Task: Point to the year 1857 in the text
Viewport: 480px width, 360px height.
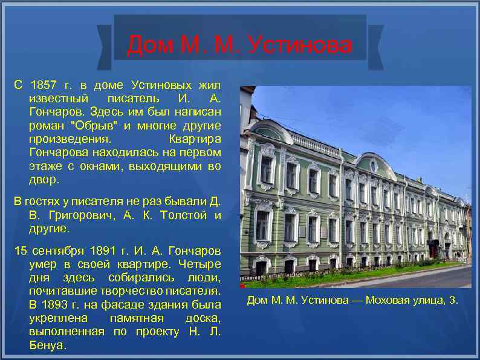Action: [x=44, y=85]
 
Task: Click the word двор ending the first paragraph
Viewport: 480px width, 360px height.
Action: [x=44, y=180]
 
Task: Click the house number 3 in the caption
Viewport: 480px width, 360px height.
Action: [x=453, y=301]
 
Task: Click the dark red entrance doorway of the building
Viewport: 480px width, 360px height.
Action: [x=433, y=248]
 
